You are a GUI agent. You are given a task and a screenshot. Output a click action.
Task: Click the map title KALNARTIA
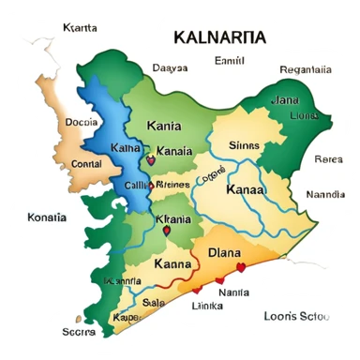tap(218, 37)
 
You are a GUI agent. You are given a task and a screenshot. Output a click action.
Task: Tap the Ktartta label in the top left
tap(79, 28)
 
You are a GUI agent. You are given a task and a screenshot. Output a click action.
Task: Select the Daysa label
tap(170, 67)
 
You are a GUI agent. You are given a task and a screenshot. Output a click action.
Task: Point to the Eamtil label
tap(230, 61)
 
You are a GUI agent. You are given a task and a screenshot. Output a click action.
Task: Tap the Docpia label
tap(82, 122)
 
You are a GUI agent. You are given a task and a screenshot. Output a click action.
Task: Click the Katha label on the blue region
tap(126, 149)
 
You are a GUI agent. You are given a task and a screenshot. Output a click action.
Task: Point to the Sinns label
tap(246, 146)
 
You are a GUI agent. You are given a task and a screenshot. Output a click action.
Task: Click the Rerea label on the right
tap(327, 158)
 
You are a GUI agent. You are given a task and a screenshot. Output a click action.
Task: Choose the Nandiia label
tap(325, 194)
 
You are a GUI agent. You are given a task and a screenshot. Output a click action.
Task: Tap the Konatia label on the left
tap(47, 217)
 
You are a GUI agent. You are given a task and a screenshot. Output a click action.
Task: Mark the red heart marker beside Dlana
tap(241, 267)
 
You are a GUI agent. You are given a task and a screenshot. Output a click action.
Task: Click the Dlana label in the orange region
tap(224, 251)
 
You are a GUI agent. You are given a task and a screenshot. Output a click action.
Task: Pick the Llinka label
tap(207, 307)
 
